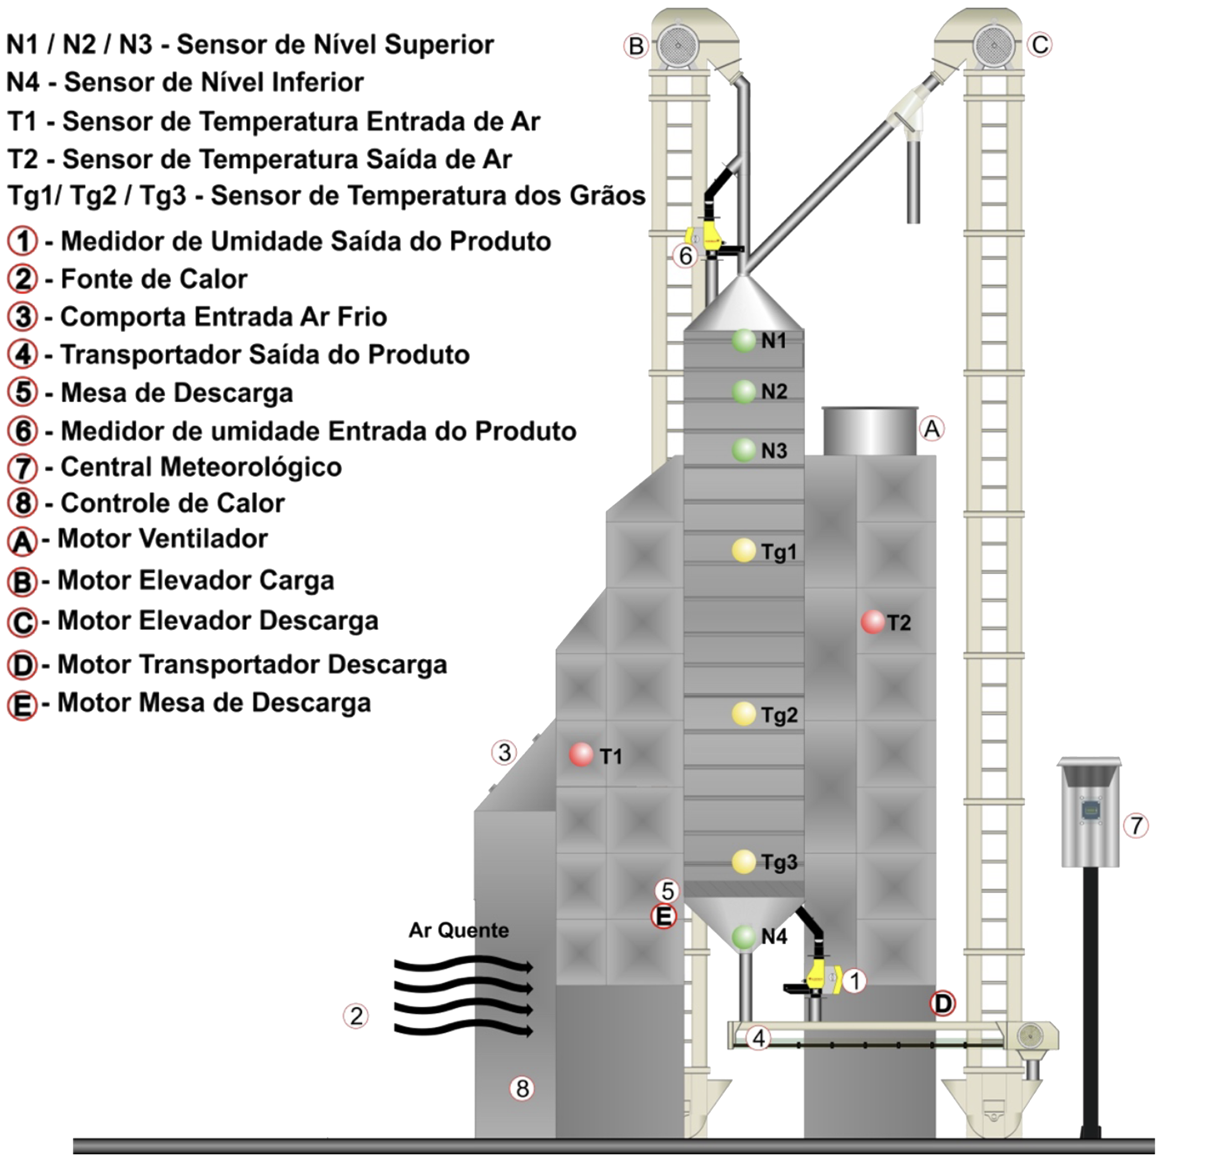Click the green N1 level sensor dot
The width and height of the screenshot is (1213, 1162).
[744, 341]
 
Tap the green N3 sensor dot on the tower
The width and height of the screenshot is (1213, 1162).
[744, 450]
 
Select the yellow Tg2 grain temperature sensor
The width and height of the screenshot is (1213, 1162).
[744, 714]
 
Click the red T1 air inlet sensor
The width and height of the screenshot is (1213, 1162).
[581, 754]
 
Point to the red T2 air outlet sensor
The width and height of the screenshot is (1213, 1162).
[873, 622]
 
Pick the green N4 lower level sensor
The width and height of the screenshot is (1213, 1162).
[744, 937]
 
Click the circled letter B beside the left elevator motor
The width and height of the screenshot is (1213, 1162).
[636, 46]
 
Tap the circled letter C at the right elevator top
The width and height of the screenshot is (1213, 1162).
[1040, 45]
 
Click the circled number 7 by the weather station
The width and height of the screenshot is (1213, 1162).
[1136, 826]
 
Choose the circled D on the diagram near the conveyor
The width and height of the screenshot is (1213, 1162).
[942, 1004]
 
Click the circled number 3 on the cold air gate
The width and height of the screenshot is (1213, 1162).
[504, 752]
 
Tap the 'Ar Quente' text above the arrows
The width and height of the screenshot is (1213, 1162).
[459, 930]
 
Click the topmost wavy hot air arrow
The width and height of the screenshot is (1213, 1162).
[464, 966]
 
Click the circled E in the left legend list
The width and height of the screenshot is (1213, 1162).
[22, 705]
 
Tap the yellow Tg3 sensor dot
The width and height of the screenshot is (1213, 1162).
[744, 861]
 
